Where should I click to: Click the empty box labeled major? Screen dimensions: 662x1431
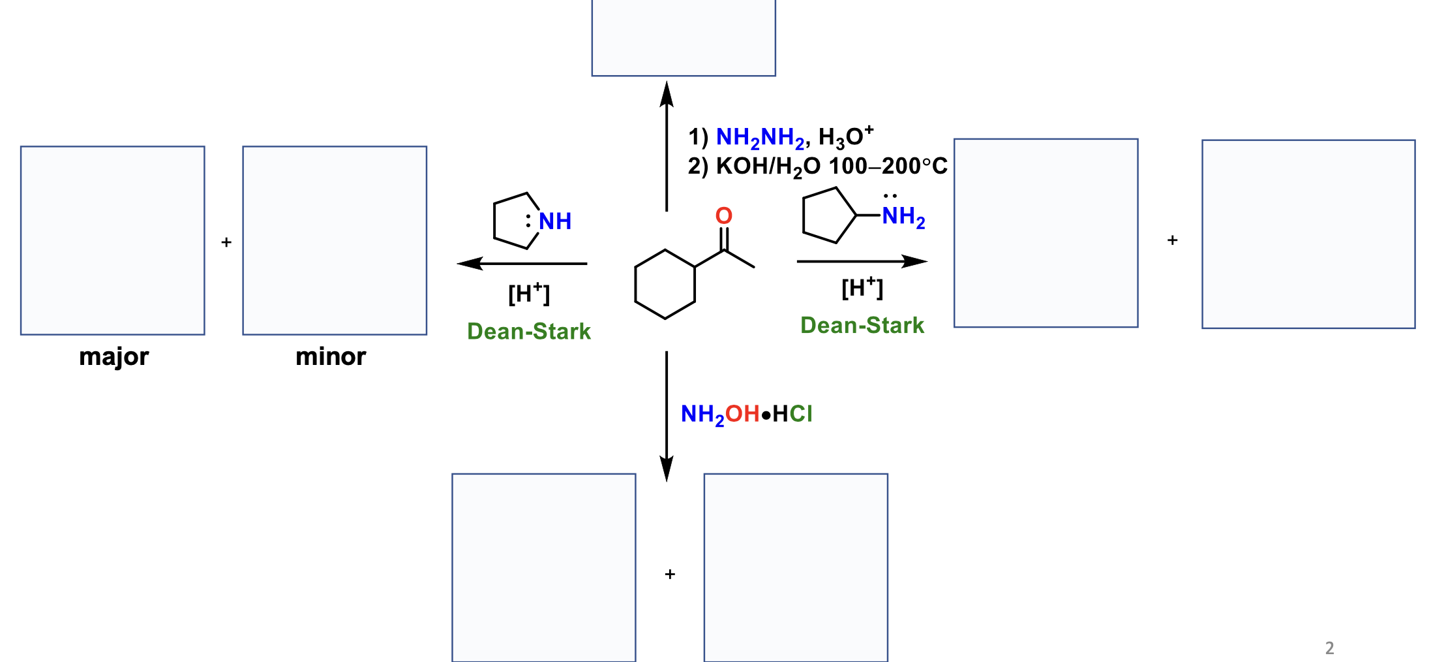coord(112,240)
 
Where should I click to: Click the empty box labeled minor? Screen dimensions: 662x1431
coord(335,240)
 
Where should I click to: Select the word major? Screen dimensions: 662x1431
coord(114,357)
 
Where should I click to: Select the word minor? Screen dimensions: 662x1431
coord(331,357)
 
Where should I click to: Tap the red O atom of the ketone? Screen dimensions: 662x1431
coord(724,216)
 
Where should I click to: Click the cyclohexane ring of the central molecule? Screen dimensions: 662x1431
coord(665,285)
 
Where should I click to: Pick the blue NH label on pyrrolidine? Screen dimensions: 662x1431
coord(555,222)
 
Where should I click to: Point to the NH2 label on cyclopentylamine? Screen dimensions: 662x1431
coord(903,217)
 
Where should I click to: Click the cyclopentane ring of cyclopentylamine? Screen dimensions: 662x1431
coord(826,215)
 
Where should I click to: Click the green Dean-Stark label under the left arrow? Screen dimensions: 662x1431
coord(529,332)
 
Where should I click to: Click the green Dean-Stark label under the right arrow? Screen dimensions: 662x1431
coord(862,326)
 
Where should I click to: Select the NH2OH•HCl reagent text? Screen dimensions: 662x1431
coord(746,415)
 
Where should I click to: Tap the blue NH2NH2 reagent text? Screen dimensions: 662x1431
coord(761,138)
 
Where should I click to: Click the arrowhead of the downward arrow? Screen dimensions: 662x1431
coord(667,469)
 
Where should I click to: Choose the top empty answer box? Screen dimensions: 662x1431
coord(684,38)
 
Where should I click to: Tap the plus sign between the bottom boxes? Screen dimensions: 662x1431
coord(670,575)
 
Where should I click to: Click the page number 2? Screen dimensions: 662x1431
coord(1329,648)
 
